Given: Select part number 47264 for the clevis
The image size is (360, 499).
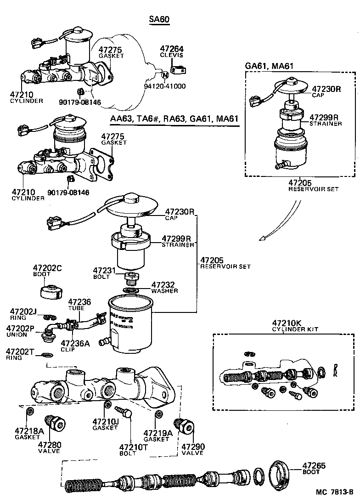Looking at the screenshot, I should pyautogui.click(x=171, y=49).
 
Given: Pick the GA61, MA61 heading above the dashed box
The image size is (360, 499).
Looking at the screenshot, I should pyautogui.click(x=270, y=65).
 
